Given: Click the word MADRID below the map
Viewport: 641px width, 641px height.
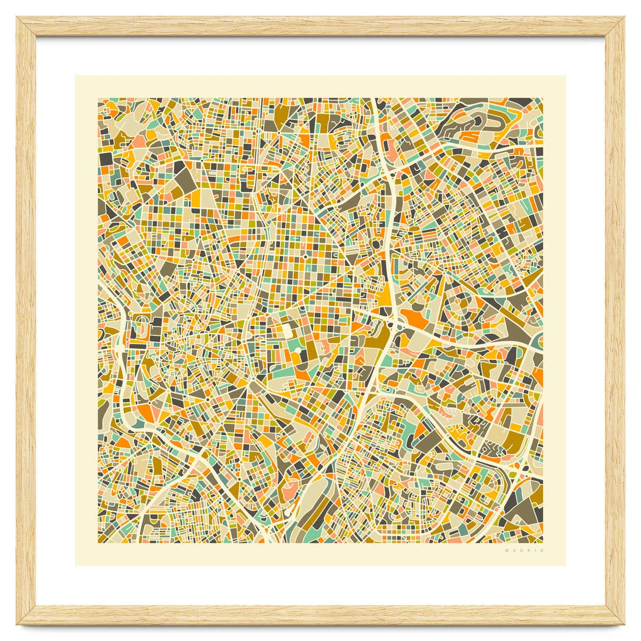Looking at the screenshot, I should [x=524, y=550].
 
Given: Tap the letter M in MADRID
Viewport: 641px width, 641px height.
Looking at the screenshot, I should [x=506, y=550].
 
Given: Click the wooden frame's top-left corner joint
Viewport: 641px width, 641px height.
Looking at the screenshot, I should [x=26, y=26].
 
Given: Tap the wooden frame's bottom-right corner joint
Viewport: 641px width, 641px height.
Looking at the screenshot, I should [x=615, y=615].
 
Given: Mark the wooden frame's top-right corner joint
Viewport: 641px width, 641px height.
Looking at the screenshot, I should [x=615, y=26].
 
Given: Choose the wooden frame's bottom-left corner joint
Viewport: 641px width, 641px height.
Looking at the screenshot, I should [x=26, y=615].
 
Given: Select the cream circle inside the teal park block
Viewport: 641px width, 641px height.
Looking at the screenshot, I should [x=298, y=350].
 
